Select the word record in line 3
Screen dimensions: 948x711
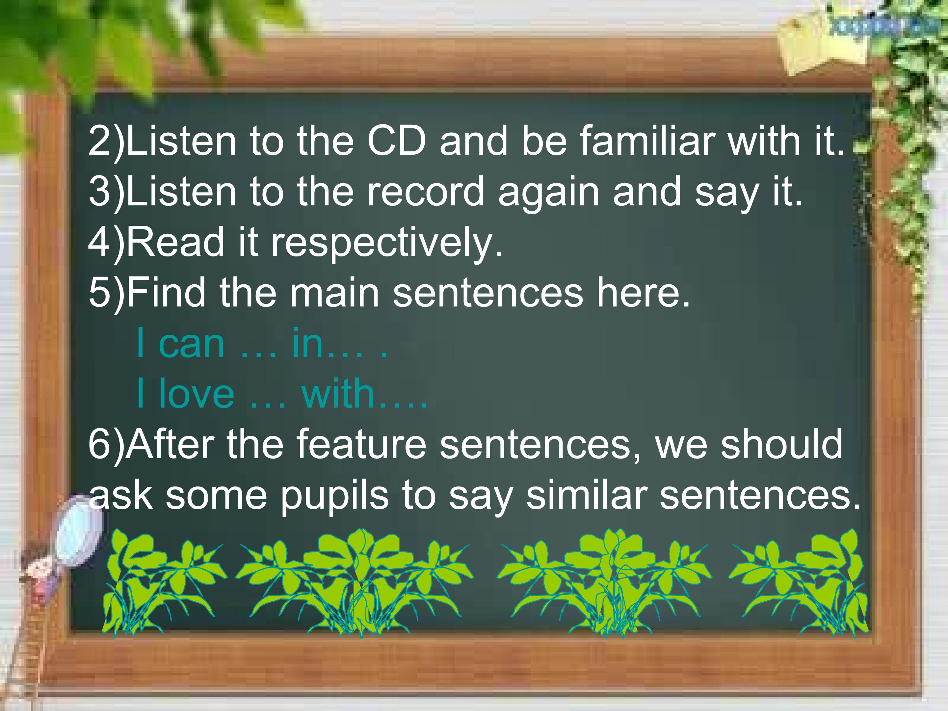click(425, 191)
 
